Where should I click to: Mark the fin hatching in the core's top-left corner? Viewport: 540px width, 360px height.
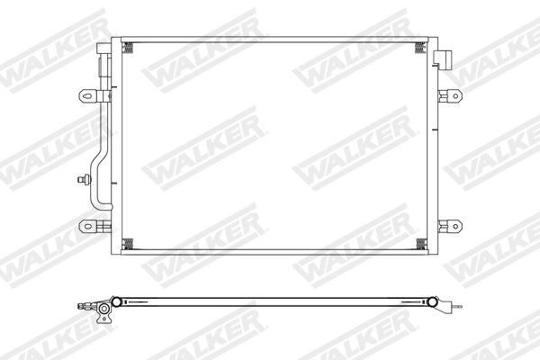tap(127, 48)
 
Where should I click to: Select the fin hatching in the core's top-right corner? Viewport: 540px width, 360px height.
tap(419, 48)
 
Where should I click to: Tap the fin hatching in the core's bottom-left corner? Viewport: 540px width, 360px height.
tap(127, 242)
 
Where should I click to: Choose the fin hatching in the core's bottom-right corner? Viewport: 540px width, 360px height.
tap(419, 242)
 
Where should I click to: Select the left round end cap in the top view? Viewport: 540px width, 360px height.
tap(114, 300)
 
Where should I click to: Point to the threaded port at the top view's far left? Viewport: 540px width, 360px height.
tap(82, 305)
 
